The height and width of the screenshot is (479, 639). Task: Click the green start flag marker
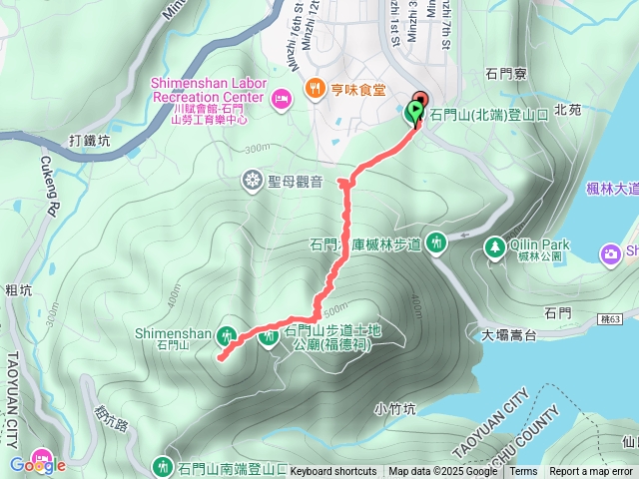[x=415, y=114]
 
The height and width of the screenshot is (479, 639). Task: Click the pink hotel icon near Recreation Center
[x=281, y=98]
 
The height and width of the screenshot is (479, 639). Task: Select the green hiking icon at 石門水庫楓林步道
[x=436, y=241]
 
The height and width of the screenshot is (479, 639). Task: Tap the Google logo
[x=37, y=464]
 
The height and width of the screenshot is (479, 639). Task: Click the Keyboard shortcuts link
[x=333, y=472]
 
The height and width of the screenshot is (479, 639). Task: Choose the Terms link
[x=523, y=472]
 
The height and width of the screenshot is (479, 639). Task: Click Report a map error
[x=591, y=472]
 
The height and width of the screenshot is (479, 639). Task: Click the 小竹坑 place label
[x=394, y=408]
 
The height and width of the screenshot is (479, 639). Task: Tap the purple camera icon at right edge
[x=610, y=254]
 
